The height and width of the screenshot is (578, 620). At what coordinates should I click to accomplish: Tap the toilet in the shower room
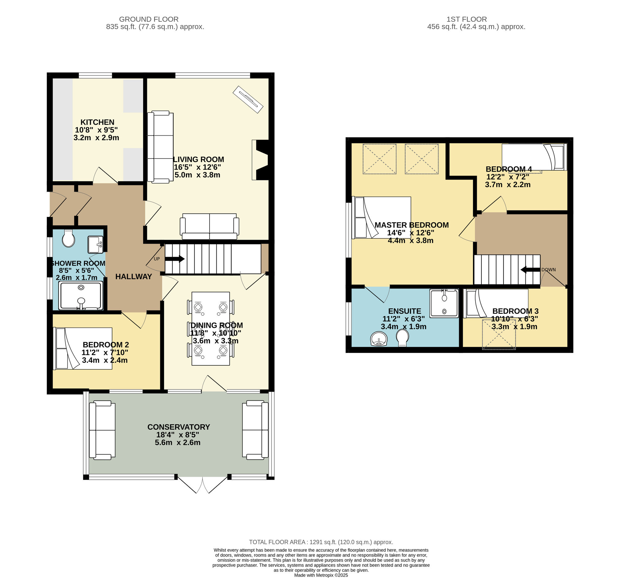click(68, 239)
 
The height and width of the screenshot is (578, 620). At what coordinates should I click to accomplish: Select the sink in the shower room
click(95, 245)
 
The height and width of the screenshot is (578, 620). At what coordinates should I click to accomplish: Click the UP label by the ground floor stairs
click(157, 259)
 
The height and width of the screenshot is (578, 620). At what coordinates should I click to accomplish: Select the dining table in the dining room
click(210, 328)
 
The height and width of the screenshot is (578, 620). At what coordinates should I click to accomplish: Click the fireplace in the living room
click(260, 160)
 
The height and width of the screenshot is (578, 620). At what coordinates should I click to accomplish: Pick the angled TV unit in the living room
click(248, 99)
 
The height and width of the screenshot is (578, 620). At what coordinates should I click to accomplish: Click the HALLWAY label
click(134, 276)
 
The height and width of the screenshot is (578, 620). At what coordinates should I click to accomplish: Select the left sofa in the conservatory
click(102, 430)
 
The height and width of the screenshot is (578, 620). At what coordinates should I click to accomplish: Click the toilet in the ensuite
click(403, 338)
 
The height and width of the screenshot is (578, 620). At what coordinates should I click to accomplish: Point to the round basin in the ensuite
click(379, 339)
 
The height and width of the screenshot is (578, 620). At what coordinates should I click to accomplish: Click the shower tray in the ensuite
click(444, 303)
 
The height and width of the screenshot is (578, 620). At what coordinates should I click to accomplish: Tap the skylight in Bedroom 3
click(499, 334)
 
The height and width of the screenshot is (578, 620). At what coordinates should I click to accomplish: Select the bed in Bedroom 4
click(534, 157)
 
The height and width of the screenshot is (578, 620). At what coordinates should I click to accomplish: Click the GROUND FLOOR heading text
click(149, 19)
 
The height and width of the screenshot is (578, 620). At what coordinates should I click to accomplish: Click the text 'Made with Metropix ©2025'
click(321, 575)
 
